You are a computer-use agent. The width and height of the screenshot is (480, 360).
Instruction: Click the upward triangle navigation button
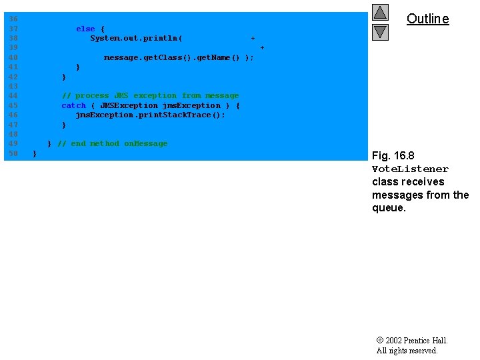pyautogui.click(x=380, y=13)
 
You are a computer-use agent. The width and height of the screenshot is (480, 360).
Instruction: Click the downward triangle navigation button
pyautogui.click(x=380, y=31)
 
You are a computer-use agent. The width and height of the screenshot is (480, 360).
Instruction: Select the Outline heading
pyautogui.click(x=427, y=19)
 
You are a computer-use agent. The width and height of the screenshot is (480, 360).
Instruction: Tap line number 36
pyautogui.click(x=13, y=19)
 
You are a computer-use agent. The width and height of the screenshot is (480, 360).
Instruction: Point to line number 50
pyautogui.click(x=13, y=154)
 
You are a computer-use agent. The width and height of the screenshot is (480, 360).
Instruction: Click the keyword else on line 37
pyautogui.click(x=85, y=29)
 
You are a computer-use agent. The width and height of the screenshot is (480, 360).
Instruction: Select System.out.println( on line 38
pyautogui.click(x=137, y=39)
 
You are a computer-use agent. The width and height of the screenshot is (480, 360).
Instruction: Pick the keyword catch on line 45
pyautogui.click(x=73, y=105)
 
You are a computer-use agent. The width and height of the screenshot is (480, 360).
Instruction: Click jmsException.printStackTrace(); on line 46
pyautogui.click(x=150, y=115)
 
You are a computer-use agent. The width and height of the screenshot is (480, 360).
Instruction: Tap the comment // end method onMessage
pyautogui.click(x=113, y=143)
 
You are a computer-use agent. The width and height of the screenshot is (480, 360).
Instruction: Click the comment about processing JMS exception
pyautogui.click(x=150, y=96)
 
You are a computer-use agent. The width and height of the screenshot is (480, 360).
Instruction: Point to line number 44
pyautogui.click(x=13, y=96)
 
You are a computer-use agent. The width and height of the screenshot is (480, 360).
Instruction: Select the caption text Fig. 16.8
pyautogui.click(x=393, y=156)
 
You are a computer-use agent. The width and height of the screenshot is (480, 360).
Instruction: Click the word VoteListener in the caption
pyautogui.click(x=410, y=169)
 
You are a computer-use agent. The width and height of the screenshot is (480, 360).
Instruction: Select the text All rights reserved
pyautogui.click(x=407, y=351)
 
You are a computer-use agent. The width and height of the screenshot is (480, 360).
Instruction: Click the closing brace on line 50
pyautogui.click(x=35, y=154)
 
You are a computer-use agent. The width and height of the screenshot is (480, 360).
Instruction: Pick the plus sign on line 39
pyautogui.click(x=262, y=48)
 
